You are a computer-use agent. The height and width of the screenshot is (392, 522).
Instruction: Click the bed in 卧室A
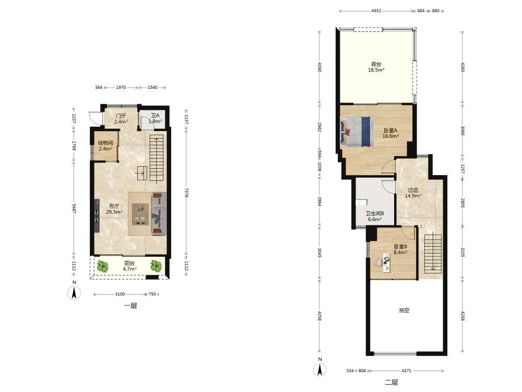click(356, 131)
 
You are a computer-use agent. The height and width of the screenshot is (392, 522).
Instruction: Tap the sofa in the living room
click(159, 213)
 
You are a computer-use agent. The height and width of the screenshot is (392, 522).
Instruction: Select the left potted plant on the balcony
click(103, 266)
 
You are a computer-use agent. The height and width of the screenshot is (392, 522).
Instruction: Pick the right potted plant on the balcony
click(156, 266)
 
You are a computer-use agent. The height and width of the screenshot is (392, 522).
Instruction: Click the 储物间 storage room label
click(105, 143)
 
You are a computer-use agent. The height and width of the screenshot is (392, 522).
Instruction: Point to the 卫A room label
click(155, 116)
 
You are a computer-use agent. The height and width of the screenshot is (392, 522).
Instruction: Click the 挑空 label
click(404, 310)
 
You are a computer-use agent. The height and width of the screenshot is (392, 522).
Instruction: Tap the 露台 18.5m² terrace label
click(376, 67)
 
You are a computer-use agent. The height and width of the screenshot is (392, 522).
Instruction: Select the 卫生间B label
click(375, 213)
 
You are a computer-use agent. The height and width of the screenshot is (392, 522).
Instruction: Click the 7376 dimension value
click(186, 192)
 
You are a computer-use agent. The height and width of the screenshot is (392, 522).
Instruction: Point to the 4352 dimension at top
click(376, 10)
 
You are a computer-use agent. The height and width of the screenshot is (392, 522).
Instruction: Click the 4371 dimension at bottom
click(406, 371)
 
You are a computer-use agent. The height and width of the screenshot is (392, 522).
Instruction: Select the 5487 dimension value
click(74, 209)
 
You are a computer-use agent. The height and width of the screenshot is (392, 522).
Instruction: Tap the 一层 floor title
click(130, 306)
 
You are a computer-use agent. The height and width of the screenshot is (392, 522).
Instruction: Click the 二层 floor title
click(391, 383)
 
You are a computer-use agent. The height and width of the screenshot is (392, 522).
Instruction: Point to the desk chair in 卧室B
click(378, 263)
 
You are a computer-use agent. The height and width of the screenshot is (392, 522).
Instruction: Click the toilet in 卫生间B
click(361, 202)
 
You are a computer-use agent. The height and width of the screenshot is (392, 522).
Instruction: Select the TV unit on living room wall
click(97, 216)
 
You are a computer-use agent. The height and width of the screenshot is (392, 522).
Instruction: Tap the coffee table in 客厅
click(140, 214)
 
